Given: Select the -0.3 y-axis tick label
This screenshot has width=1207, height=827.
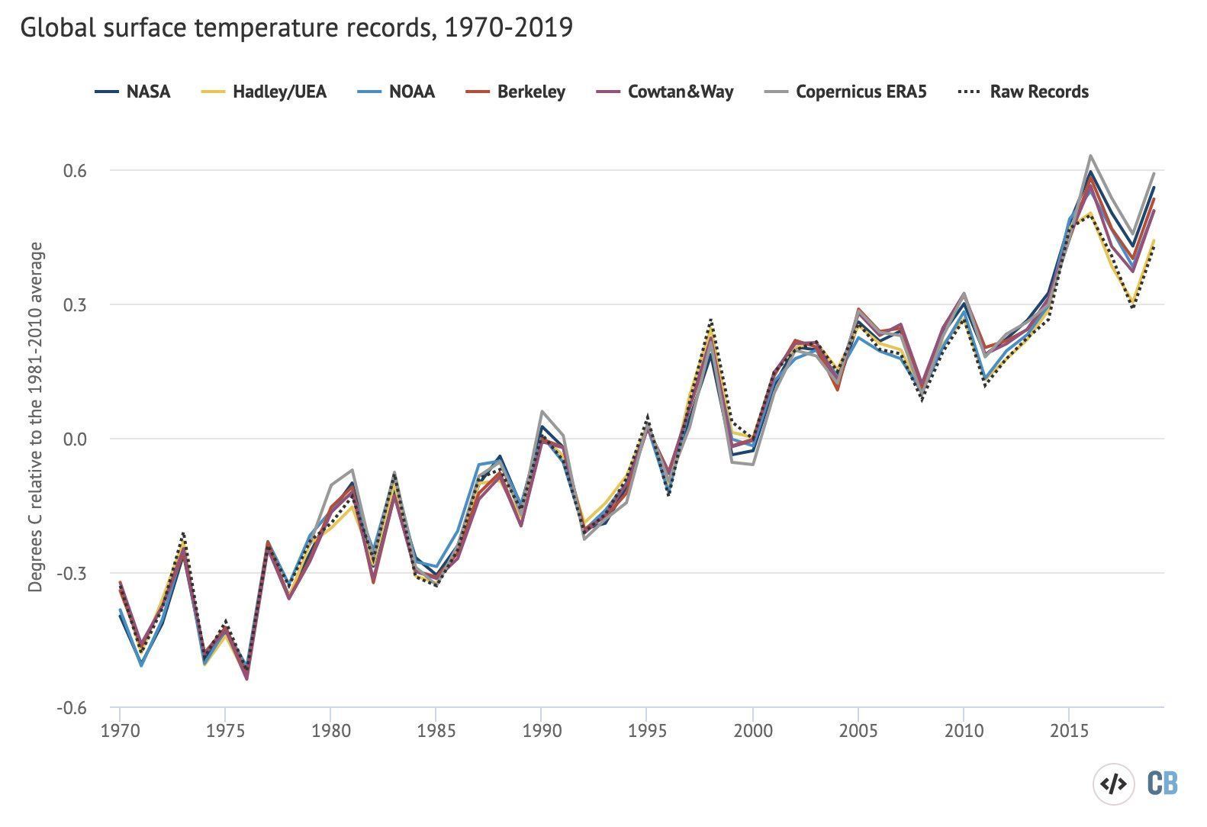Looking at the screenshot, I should coord(70,574).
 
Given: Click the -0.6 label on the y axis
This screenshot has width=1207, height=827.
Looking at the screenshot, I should coord(70,708).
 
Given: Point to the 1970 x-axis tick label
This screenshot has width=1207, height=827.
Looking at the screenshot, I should coord(120,732).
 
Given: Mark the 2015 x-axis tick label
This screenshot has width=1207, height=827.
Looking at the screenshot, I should coord(1069,732).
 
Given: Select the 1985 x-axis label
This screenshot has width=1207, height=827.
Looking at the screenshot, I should coord(436,732).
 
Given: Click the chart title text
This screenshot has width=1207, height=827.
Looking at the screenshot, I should coord(296,28).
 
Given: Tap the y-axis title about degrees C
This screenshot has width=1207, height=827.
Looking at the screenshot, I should coord(36,417).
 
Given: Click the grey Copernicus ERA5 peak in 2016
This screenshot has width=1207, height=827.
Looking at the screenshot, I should coord(1090,156).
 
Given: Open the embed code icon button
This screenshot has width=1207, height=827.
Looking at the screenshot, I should coord(1114,784).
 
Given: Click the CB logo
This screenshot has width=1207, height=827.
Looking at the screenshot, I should coord(1163,784).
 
